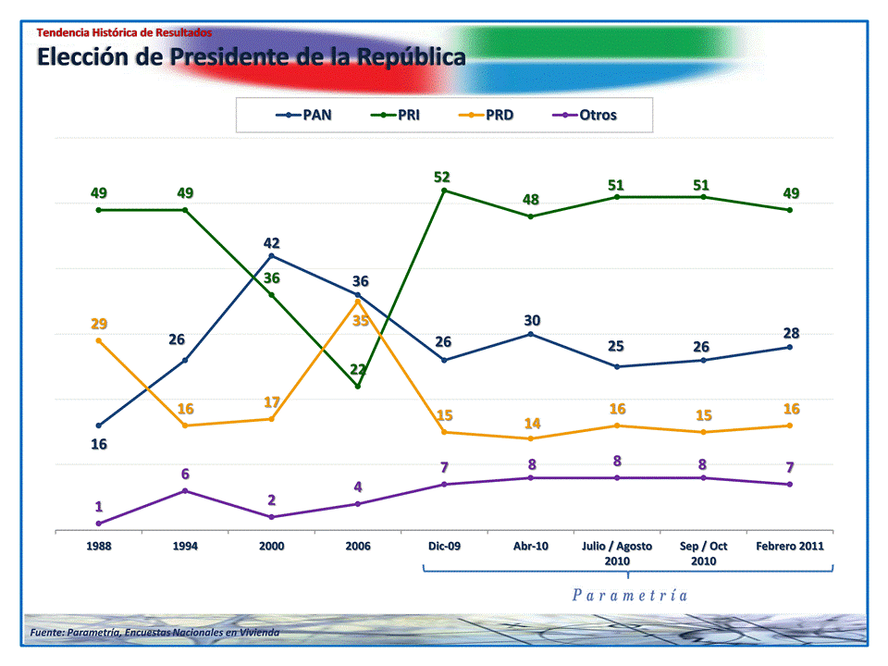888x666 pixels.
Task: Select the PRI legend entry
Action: click(396, 116)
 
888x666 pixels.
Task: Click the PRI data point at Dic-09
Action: click(444, 191)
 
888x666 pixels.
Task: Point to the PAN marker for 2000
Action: click(271, 255)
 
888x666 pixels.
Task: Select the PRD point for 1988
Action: click(99, 340)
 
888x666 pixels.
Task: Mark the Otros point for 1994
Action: click(185, 490)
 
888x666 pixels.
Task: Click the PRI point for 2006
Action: click(358, 386)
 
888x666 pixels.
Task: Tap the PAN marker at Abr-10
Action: click(530, 334)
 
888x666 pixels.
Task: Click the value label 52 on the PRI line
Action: click(443, 176)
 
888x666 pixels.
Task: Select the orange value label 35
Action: click(361, 320)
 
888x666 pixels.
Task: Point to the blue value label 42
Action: click(271, 242)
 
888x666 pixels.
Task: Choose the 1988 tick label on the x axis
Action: click(99, 546)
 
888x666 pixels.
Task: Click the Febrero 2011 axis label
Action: click(789, 546)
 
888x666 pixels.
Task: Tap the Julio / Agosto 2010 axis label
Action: click(617, 553)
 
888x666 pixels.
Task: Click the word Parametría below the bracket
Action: click(629, 595)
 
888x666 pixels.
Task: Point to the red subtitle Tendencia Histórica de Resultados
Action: click(124, 32)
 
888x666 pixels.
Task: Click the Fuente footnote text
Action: click(154, 632)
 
